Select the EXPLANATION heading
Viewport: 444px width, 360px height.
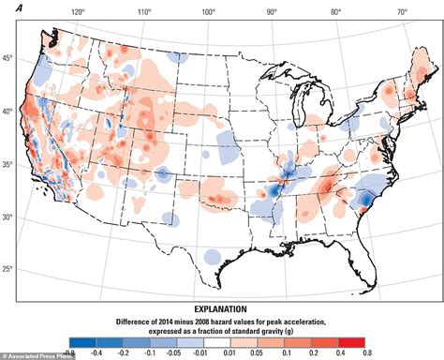(x=221, y=308)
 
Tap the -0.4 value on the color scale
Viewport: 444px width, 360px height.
(x=95, y=353)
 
